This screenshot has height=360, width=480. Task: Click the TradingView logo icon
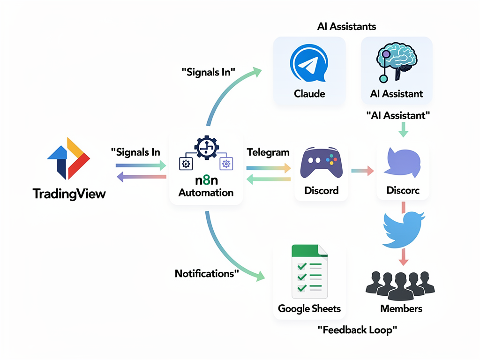[x=68, y=158]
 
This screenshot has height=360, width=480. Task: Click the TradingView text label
[x=69, y=194]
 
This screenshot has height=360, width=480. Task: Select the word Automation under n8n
[x=206, y=193]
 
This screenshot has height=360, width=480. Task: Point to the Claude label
[x=309, y=94]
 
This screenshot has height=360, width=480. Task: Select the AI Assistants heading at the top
[x=346, y=26]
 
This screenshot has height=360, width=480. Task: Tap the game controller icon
[x=321, y=164]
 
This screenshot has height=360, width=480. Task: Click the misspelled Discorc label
[x=403, y=191]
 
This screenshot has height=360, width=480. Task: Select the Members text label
[x=401, y=308]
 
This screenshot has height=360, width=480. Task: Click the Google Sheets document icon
[x=309, y=271]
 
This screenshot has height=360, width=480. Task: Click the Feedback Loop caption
[x=357, y=330]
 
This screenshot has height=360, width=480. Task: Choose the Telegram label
[x=268, y=152]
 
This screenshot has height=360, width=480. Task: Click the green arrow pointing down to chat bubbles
[x=403, y=128]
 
